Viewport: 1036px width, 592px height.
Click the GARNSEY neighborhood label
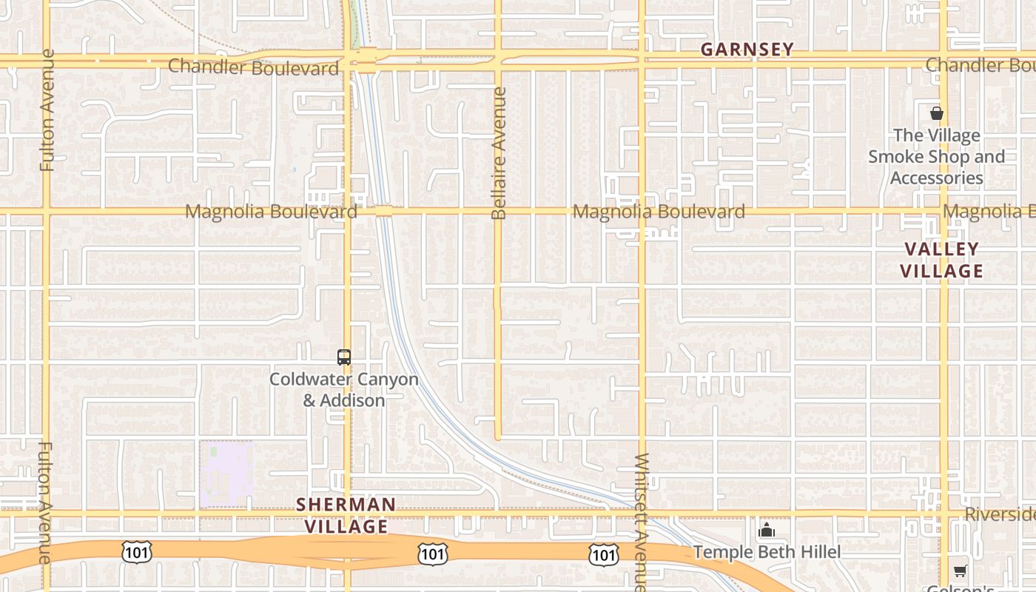(747, 50)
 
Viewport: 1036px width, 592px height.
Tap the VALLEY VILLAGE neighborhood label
(941, 260)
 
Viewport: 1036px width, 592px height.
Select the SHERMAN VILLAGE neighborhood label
(346, 515)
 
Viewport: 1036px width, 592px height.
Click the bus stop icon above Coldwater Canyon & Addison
(344, 357)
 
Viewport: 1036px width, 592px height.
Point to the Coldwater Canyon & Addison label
(344, 390)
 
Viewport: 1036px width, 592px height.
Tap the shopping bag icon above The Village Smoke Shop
(937, 113)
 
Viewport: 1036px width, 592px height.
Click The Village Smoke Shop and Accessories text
(936, 157)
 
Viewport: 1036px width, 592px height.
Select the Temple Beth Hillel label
(767, 552)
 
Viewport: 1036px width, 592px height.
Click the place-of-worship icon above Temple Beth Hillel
(767, 530)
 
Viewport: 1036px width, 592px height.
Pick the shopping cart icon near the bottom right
(960, 570)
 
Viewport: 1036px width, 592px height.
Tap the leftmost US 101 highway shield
(137, 551)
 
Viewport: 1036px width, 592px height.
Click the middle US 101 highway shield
(431, 553)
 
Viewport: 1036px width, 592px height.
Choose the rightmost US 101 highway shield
(604, 554)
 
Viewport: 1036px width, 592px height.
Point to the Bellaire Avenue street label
(499, 153)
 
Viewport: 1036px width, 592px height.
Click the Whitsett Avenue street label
(642, 522)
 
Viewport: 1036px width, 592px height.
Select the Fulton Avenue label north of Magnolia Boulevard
(48, 110)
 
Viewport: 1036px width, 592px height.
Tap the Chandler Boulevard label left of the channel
(253, 67)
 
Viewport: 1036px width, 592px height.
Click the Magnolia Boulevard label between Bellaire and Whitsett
(659, 212)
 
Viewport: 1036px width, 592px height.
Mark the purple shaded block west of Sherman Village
(226, 474)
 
